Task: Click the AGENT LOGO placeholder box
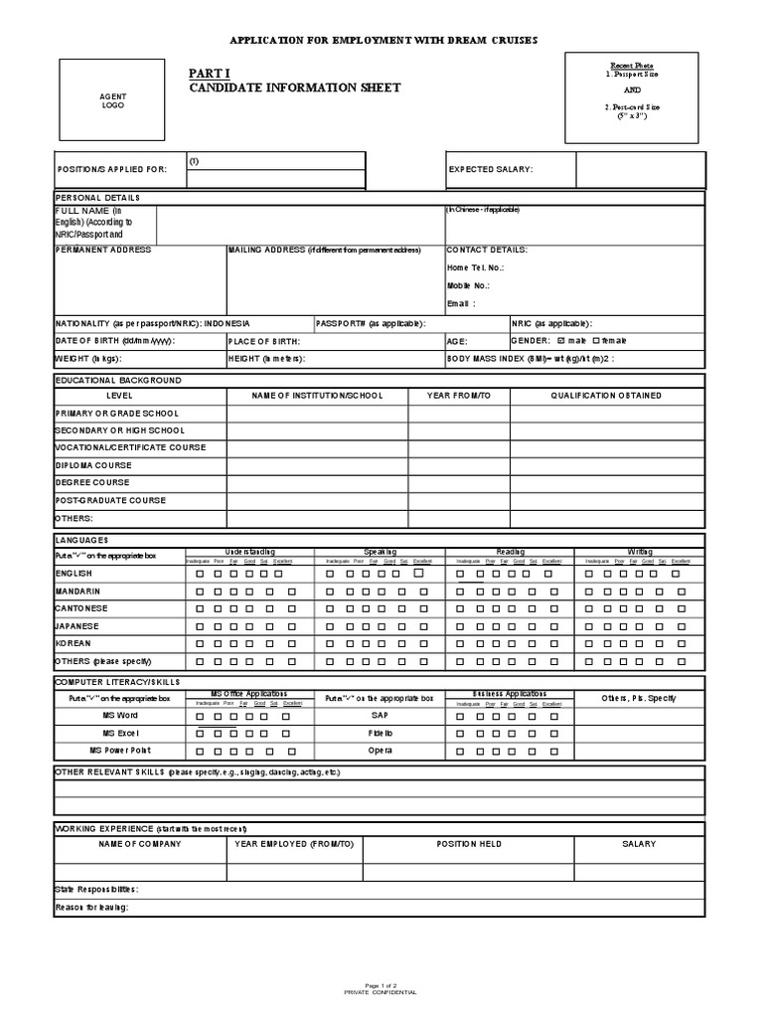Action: point(112,100)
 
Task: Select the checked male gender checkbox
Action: point(559,340)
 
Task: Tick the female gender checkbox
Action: point(596,340)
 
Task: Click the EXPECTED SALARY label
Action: point(491,169)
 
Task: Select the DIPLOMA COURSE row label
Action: point(93,465)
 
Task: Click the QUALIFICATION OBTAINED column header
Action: point(606,396)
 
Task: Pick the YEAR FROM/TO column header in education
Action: point(458,396)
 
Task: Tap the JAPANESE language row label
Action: point(77,626)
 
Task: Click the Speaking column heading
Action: point(380,551)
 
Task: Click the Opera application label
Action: point(381,750)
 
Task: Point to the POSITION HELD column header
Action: point(469,844)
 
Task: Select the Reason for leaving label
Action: point(92,907)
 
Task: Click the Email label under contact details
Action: point(461,303)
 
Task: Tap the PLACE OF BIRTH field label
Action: point(263,340)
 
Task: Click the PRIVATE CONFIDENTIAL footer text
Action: point(381,992)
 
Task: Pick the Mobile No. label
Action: point(468,285)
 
